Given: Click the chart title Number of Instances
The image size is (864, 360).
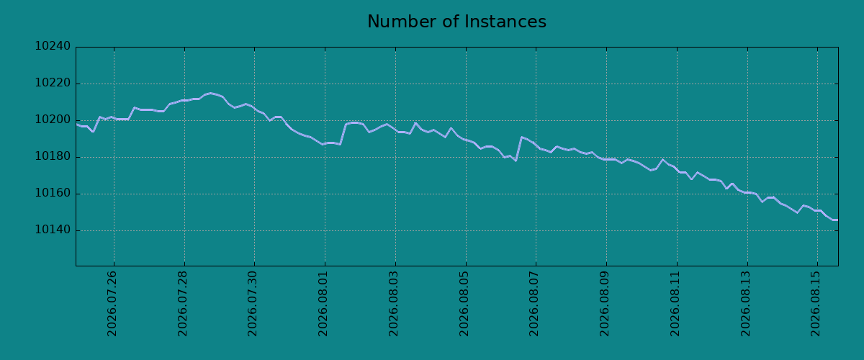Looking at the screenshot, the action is click(456, 21).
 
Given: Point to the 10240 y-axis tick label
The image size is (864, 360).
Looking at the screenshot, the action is click(53, 46).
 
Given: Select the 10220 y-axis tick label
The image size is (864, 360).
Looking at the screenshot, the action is click(53, 83).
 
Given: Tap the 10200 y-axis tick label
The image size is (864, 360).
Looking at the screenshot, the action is click(53, 120).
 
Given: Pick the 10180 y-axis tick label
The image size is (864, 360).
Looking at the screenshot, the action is click(53, 156).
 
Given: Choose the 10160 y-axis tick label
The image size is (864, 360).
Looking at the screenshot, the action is click(53, 193).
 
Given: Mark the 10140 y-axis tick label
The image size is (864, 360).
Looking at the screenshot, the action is click(53, 230).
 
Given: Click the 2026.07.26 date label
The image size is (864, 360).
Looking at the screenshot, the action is click(112, 304).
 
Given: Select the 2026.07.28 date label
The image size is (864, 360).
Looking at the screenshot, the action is click(182, 304).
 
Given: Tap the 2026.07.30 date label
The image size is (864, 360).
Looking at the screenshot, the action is click(252, 304).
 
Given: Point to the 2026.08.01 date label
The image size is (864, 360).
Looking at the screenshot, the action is click(323, 304).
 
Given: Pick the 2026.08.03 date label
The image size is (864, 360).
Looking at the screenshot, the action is click(393, 304).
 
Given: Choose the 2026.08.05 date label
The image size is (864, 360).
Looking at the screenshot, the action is click(464, 304).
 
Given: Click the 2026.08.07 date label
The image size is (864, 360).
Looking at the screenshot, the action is click(534, 304).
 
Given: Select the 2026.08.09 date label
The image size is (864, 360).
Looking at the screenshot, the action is click(604, 304).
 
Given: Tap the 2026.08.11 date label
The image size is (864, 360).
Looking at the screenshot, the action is click(675, 304).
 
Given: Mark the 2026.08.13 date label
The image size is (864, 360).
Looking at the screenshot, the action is click(745, 304).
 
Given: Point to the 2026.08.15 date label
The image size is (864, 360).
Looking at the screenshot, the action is click(815, 304).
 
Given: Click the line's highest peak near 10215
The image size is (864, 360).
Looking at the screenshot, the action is click(210, 93).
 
